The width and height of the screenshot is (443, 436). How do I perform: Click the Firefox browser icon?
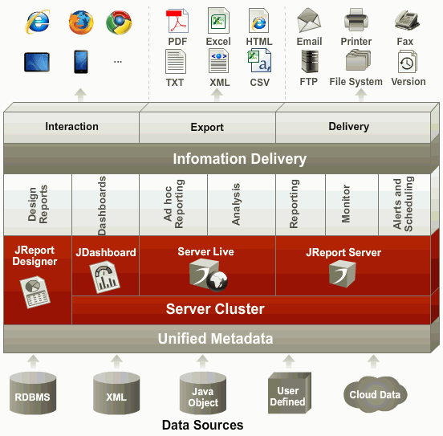81,22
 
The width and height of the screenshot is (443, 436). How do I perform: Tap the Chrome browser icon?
119,22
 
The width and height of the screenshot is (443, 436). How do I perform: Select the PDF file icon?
177,21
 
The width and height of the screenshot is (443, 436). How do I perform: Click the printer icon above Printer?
356,19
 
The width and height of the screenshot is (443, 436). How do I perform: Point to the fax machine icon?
407,20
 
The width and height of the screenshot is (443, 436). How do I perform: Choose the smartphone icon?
81,62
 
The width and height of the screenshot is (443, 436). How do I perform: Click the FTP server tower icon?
310,61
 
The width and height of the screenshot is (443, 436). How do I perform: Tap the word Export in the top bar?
207,127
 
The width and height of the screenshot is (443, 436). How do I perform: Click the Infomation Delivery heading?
240,159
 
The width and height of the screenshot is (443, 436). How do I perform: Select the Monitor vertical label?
346,204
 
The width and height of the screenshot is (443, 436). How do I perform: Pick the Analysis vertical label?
236,204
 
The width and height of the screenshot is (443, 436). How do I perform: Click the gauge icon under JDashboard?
105,277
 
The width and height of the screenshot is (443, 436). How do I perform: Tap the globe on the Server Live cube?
217,281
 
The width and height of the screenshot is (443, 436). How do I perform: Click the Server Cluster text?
215,309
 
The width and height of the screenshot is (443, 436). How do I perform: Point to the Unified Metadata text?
215,339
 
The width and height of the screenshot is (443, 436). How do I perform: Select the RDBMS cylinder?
33,393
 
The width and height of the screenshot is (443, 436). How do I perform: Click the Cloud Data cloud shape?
376,394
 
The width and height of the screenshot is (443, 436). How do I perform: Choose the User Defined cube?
289,393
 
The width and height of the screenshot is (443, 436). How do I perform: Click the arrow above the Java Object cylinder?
202,361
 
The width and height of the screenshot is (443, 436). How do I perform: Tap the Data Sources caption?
202,425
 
